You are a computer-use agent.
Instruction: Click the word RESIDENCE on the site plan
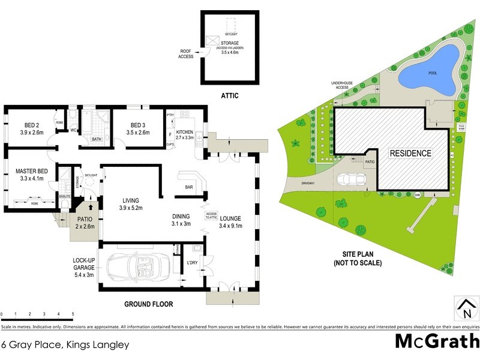(x=410, y=153)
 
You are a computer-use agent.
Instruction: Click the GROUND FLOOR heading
(x=148, y=304)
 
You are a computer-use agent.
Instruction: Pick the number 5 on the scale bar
(x=73, y=314)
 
